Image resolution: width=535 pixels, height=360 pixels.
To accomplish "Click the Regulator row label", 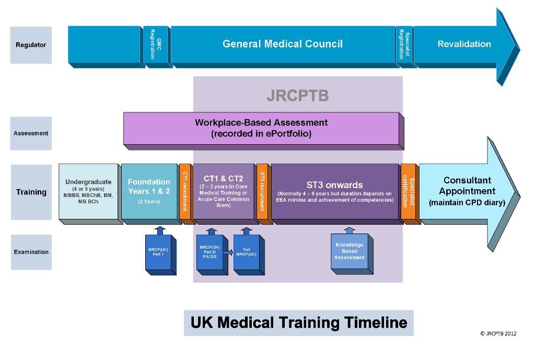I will (31, 45).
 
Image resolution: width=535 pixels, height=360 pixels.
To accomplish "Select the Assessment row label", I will (31, 133).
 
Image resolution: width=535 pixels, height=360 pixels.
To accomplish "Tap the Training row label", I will (31, 192).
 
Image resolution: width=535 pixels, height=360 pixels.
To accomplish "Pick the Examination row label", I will (31, 252).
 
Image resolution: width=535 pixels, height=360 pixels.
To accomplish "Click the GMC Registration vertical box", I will (155, 44).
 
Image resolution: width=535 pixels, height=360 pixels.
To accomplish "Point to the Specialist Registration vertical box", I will (404, 44).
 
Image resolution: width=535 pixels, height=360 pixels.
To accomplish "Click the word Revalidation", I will (464, 44).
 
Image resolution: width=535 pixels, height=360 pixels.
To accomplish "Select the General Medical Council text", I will (282, 44).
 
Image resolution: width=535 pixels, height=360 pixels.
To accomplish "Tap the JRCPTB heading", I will (297, 96).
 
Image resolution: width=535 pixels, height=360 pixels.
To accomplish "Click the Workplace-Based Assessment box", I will (261, 128).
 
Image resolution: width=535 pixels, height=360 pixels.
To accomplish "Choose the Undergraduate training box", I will (88, 191).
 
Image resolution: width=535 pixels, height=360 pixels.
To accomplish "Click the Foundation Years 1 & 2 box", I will (149, 191).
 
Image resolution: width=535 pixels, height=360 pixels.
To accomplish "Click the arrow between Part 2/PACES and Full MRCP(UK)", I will (227, 252).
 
